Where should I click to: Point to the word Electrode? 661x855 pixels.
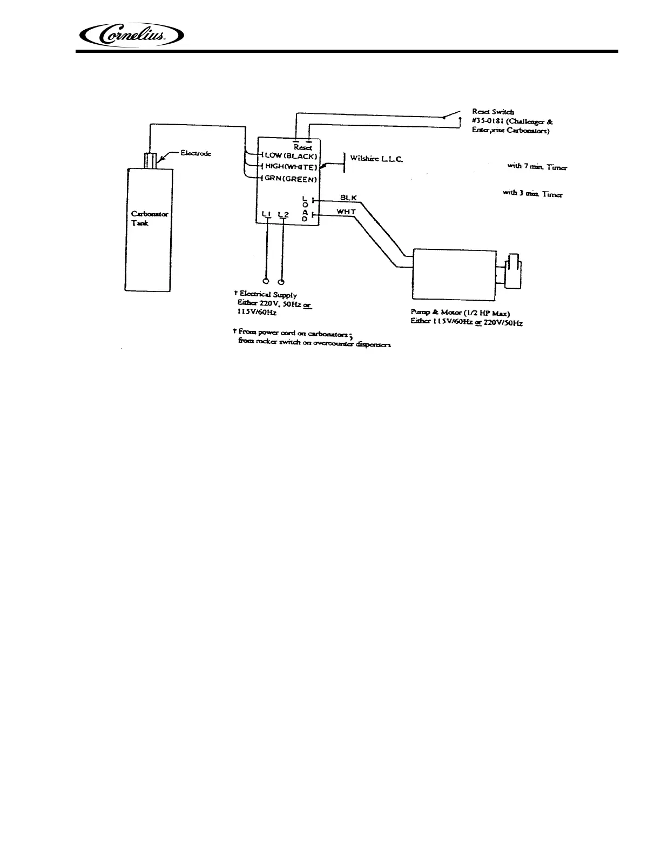point(195,153)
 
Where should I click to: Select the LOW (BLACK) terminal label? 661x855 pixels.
point(289,155)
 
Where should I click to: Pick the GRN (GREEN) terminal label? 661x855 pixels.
point(291,178)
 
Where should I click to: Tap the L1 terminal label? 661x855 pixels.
point(266,215)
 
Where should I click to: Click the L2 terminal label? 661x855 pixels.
point(283,215)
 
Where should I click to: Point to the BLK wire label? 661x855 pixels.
point(348,198)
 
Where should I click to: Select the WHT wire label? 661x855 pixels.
point(346,211)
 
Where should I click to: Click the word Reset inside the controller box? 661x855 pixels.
point(302,147)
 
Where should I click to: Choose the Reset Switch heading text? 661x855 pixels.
point(489,112)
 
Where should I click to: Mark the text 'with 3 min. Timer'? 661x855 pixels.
point(532,194)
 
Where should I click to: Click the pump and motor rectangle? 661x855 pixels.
point(454,274)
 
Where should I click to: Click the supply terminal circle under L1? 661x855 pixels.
point(266,281)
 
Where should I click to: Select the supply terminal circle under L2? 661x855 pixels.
point(281,281)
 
